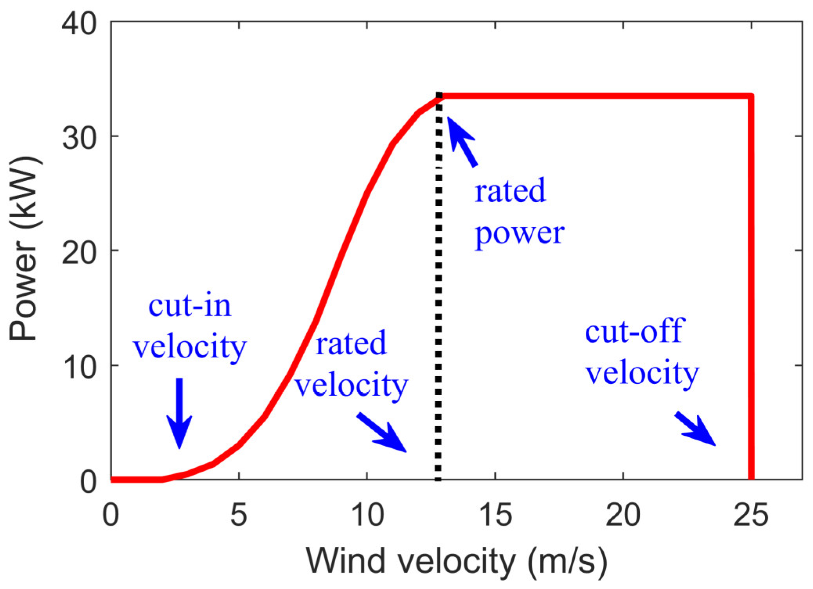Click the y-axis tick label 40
click(79, 24)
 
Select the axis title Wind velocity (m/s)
click(457, 562)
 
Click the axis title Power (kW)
click(24, 249)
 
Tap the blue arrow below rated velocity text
click(381, 432)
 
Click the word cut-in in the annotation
click(190, 305)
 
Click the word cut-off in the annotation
click(634, 331)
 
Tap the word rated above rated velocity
click(351, 343)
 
